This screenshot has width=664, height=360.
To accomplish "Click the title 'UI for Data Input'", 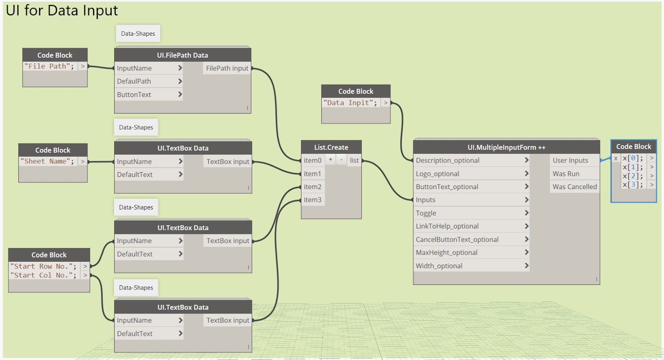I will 62,10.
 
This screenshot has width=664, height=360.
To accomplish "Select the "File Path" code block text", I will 49,66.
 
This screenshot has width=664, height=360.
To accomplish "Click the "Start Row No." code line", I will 43,266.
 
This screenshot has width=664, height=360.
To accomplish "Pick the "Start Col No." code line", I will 43,275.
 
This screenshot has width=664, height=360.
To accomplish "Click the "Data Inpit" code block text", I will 350,103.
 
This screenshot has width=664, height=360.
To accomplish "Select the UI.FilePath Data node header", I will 183,55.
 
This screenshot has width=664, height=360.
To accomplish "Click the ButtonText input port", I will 149,95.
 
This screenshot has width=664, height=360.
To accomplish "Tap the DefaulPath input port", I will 149,81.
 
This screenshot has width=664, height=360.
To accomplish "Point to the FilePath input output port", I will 227,68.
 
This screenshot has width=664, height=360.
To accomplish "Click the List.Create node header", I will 331,147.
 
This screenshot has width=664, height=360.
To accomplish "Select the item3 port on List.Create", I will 312,200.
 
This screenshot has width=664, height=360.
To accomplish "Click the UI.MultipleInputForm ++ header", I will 506,147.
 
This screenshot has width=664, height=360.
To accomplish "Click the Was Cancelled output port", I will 575,187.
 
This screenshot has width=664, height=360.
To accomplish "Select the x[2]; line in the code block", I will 633,176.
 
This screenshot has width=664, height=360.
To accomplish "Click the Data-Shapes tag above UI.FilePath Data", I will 138,34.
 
